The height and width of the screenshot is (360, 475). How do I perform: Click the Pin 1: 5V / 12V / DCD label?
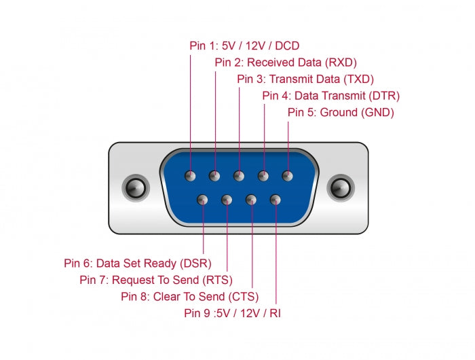pos(244,46)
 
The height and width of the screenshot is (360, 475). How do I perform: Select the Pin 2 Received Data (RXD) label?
pos(286,62)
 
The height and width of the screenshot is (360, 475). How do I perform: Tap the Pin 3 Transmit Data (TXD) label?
pos(305,79)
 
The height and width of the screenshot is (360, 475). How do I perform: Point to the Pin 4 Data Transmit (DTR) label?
pos(331,96)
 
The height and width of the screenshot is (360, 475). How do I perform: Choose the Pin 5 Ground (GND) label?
pos(341,112)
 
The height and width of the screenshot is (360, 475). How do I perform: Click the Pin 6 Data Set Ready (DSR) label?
pos(138,263)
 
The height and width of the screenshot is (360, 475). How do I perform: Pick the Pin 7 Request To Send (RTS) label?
pos(156,280)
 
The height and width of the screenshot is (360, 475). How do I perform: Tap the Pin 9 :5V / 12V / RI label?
pos(232,313)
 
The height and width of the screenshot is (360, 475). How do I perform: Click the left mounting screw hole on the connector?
pos(136,187)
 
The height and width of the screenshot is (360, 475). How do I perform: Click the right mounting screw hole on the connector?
pos(341,187)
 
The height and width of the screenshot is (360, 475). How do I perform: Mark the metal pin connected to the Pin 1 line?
pos(191,176)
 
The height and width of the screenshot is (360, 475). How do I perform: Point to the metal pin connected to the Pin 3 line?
pos(239,176)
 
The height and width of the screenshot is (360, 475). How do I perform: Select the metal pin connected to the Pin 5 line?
pos(288,176)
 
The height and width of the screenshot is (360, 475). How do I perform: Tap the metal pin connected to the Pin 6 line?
pos(202,200)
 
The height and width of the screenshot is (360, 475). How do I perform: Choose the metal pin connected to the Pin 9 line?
pos(275,200)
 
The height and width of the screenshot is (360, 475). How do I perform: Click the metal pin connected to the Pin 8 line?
pos(251,200)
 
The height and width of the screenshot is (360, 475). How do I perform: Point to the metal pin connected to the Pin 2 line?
pos(214,176)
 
